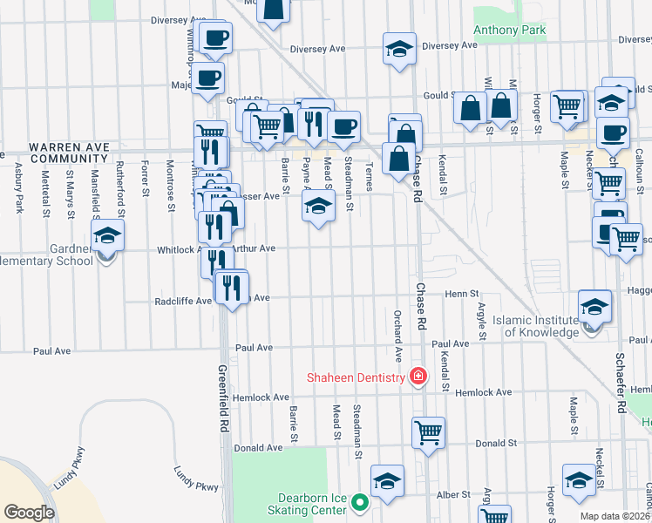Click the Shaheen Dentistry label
pos(355,377)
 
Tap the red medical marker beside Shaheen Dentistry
pos(418,377)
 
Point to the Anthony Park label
pos(509,31)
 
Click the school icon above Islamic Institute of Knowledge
pos(594,306)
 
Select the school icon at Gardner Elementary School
pos(108,235)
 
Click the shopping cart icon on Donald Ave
pos(428,432)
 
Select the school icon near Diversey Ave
pos(398,49)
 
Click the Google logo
pos(30,513)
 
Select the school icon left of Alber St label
pos(388,481)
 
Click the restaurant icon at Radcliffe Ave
pos(231,287)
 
